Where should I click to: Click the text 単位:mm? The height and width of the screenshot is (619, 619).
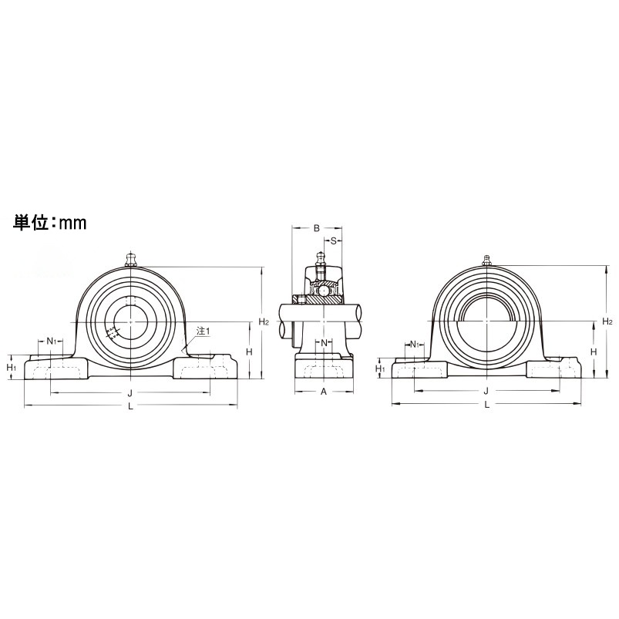[x=49, y=223]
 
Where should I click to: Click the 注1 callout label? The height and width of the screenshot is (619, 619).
[x=203, y=331]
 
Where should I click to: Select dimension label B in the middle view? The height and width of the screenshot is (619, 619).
[x=316, y=228]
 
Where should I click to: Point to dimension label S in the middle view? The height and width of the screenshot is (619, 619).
[x=335, y=241]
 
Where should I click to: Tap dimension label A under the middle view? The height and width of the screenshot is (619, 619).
[x=324, y=392]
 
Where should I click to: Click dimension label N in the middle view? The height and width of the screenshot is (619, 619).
[x=325, y=342]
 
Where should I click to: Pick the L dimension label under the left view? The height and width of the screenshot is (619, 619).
[x=130, y=407]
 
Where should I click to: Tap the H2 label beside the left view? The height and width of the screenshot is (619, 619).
[x=264, y=321]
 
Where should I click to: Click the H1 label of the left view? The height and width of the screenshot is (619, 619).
[x=12, y=368]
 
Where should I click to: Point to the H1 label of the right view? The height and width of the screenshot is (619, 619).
[x=380, y=369]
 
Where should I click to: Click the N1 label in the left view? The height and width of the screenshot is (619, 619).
[x=51, y=341]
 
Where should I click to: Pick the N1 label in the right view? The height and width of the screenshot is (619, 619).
[x=415, y=344]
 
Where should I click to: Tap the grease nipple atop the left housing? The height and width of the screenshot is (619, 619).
[x=130, y=258]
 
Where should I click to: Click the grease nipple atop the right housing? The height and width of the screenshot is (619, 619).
[x=486, y=260]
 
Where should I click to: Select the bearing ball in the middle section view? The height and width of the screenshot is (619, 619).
[x=325, y=291]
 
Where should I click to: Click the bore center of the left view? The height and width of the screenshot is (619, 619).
[x=130, y=320]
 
